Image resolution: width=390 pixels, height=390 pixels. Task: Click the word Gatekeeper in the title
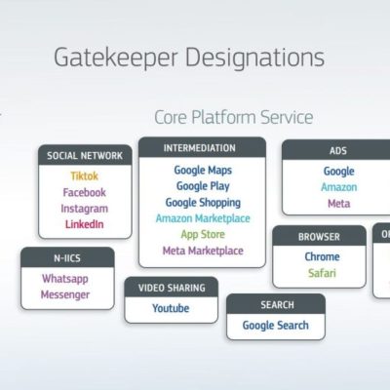[116, 58]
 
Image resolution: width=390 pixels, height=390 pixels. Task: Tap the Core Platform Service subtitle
[234, 117]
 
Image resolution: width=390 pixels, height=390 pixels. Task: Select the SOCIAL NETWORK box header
[85, 155]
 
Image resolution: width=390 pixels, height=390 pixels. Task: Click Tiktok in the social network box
[85, 176]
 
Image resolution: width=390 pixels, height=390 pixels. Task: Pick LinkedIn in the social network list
[85, 224]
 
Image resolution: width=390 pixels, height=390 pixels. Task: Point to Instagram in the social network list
[85, 209]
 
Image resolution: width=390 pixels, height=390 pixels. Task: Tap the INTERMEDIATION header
[200, 148]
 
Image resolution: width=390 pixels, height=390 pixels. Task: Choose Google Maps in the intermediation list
[203, 170]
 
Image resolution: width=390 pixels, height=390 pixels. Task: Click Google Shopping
[203, 203]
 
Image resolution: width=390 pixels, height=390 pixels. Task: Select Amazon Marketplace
[203, 218]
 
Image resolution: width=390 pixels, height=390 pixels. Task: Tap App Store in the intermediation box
[203, 234]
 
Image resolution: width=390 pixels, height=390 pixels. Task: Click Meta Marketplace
[203, 251]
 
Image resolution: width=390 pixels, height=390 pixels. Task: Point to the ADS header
[338, 150]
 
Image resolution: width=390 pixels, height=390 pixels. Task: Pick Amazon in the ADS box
[339, 187]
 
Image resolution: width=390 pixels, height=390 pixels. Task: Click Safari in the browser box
[322, 273]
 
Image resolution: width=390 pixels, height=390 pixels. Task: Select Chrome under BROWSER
[322, 256]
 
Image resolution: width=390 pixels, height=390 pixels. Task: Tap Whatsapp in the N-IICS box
[65, 279]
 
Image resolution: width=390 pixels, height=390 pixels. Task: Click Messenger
[65, 294]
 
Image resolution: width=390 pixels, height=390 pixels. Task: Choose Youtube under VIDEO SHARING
[171, 308]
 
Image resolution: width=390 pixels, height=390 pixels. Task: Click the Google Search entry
[276, 326]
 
